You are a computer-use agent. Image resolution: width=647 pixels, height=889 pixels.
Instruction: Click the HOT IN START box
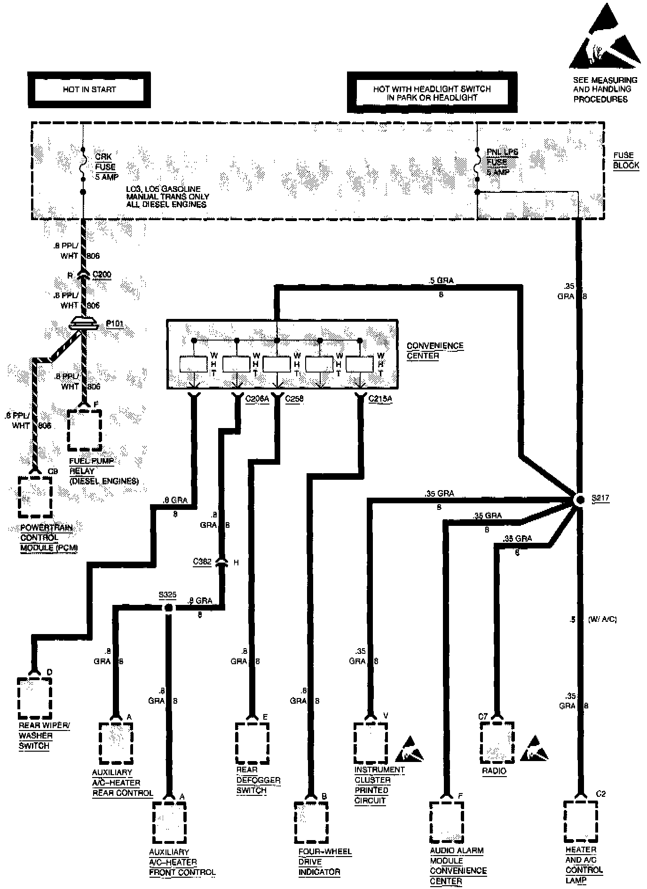tap(89, 89)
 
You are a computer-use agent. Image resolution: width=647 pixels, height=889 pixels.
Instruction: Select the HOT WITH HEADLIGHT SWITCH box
tap(432, 93)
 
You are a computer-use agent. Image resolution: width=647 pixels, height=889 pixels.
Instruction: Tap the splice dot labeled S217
tap(579, 500)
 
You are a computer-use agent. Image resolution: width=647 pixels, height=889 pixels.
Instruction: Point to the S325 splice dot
tap(168, 608)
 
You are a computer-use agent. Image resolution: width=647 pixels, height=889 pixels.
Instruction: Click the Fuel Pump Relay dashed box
tap(85, 430)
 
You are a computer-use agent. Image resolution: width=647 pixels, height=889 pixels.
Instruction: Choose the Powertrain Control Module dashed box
tap(35, 497)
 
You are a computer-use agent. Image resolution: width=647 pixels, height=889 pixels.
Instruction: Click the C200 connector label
tap(102, 274)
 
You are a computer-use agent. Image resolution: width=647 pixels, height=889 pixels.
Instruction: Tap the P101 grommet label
tap(114, 324)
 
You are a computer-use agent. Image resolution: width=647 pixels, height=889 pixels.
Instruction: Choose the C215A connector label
tap(380, 399)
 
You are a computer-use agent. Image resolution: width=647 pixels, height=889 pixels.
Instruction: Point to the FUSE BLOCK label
tap(626, 160)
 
